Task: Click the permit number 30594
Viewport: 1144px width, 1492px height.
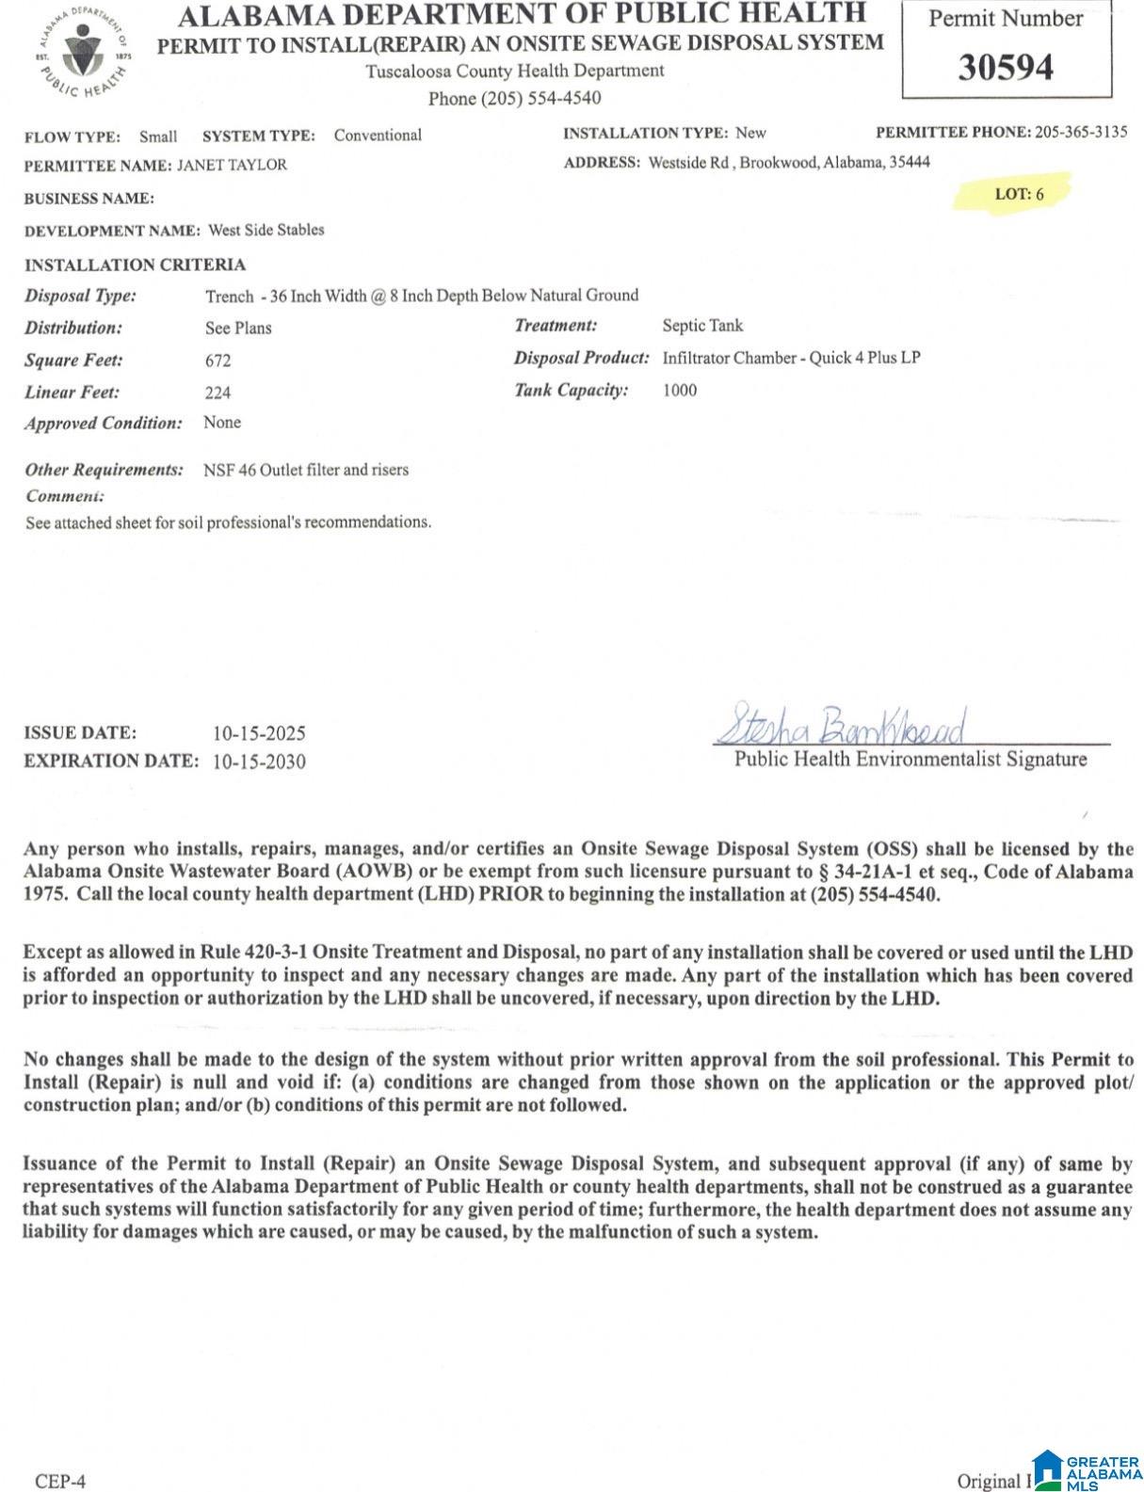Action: coord(1006,68)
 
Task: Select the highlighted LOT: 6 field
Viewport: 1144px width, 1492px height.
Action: coord(1019,194)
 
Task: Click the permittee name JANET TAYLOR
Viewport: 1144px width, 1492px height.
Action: coord(233,165)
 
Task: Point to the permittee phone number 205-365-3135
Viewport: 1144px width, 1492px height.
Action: coord(1081,132)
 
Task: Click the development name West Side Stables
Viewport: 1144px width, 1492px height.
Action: coord(266,230)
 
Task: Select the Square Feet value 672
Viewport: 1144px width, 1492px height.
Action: coord(218,361)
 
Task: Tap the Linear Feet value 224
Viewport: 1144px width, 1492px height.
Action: coord(218,393)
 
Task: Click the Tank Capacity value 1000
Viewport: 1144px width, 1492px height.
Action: coord(680,390)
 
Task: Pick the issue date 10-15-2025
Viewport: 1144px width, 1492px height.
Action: coord(259,733)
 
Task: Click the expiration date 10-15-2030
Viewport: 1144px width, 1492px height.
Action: coord(259,762)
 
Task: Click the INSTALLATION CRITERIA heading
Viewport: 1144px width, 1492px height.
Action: coord(135,265)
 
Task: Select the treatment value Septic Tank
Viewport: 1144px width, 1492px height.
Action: coord(702,326)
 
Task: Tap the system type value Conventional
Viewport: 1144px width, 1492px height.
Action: coord(378,136)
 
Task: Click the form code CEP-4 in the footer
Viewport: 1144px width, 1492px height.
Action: coord(60,1481)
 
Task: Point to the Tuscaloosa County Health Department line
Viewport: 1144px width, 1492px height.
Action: coord(514,71)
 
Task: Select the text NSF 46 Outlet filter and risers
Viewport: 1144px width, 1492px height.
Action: coord(306,470)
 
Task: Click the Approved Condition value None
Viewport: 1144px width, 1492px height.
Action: coord(222,423)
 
